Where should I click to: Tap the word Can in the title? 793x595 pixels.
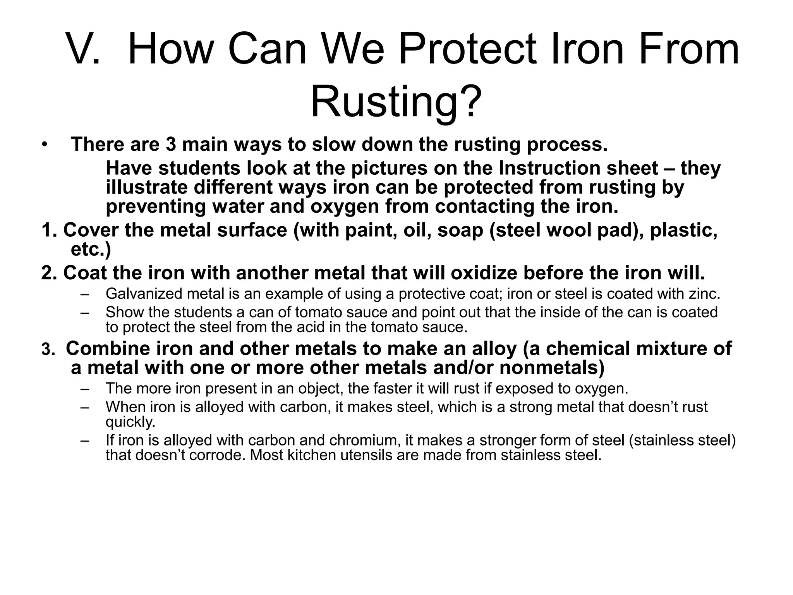267,49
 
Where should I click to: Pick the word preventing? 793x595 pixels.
156,206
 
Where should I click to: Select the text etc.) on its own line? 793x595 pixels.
91,249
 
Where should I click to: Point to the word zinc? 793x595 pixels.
704,294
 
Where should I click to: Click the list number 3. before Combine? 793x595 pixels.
49,349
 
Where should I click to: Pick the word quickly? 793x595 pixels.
130,422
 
